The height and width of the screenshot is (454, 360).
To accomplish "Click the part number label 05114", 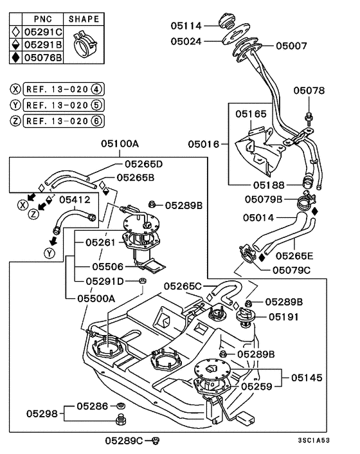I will pos(186,26).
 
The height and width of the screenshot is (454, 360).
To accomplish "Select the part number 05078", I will pos(310,91).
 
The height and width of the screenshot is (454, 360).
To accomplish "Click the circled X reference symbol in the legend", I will pos(15,89).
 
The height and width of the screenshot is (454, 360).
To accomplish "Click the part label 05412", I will pos(75,200).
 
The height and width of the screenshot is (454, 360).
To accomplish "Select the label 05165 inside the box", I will pos(249,114).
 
